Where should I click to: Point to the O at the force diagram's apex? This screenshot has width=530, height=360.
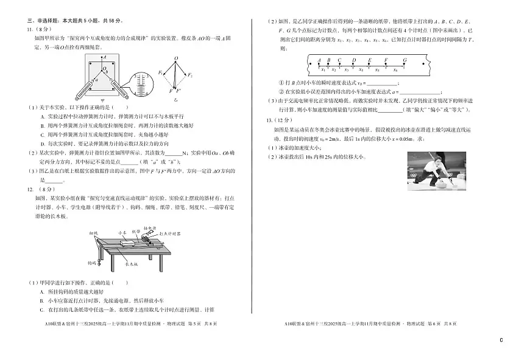click(176, 59)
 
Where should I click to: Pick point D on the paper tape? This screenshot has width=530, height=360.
click(354, 60)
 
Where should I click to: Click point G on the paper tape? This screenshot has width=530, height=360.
click(405, 60)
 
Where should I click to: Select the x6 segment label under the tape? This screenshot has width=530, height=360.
click(395, 69)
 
